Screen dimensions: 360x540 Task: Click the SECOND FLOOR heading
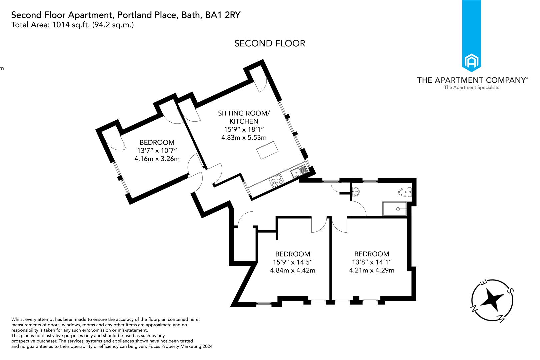pos(269,43)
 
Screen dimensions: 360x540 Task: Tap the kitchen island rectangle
pos(267,150)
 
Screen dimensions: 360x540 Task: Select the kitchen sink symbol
pos(298,171)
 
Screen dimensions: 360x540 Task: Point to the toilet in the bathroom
pos(406,192)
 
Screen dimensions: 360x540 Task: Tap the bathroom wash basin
pos(356,191)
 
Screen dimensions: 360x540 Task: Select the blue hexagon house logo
pos(471,62)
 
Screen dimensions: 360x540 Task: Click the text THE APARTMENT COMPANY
pos(471,80)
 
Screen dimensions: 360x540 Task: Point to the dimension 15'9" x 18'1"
pos(244,129)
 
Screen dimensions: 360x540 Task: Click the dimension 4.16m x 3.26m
pos(157,159)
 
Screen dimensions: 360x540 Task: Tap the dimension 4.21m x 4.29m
pos(371,270)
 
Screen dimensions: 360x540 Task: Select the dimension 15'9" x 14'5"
pos(292,262)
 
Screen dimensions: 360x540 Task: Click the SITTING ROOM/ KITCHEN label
pos(244,117)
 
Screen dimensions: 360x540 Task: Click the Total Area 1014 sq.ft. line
pos(72,25)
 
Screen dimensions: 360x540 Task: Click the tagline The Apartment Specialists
pos(471,87)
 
